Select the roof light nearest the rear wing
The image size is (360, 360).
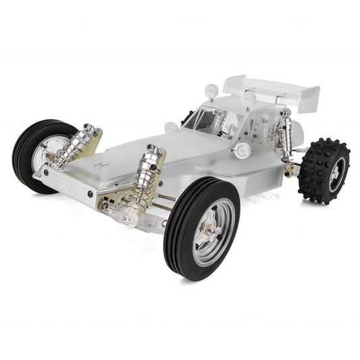(249, 98)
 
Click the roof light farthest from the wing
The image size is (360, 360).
(211, 88)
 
